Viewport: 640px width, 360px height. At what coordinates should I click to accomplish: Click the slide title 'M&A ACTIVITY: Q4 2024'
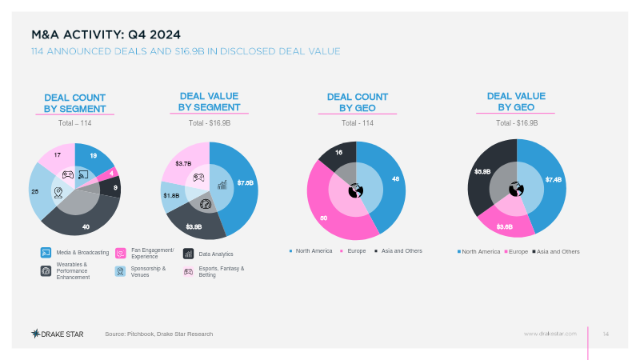point(106,34)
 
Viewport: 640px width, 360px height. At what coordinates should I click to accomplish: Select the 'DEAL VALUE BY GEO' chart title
point(516,102)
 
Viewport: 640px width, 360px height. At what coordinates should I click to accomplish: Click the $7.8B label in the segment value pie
point(246,182)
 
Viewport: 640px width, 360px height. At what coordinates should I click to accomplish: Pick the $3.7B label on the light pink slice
point(183,163)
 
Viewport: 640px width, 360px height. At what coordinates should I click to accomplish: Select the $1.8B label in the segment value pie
point(171,195)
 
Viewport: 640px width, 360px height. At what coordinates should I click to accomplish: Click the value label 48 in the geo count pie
point(395,178)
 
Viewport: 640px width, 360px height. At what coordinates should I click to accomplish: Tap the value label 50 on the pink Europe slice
point(324,218)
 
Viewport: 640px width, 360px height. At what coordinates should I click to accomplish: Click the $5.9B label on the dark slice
point(482,171)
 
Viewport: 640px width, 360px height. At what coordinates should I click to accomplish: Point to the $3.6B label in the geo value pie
point(505,227)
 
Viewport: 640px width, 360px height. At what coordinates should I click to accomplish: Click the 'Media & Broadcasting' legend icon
point(46,253)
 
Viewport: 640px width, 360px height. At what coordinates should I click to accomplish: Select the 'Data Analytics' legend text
point(216,254)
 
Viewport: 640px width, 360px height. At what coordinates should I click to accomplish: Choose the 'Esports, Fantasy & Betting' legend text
point(222,272)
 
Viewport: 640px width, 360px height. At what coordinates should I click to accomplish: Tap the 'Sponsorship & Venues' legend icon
point(120,271)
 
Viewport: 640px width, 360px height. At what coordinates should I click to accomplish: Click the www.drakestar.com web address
point(550,333)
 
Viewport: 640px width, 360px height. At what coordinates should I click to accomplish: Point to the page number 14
point(606,333)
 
